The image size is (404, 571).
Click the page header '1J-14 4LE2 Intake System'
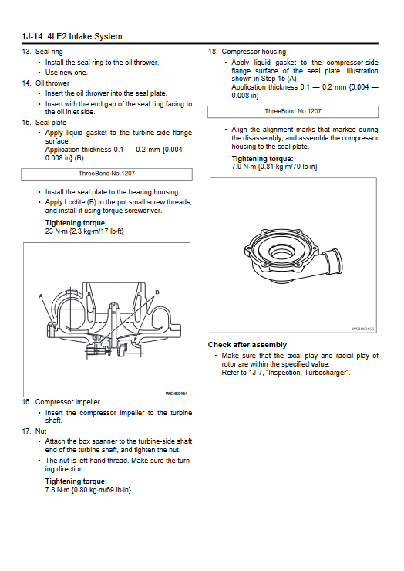click(x=72, y=36)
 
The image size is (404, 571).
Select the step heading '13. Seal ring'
click(x=42, y=52)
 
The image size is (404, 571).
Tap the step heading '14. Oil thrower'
click(x=45, y=83)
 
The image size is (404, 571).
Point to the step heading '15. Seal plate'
click(x=44, y=123)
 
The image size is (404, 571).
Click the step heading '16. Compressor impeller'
click(x=61, y=402)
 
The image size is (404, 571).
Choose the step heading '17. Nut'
click(x=34, y=431)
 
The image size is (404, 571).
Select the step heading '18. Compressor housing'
click(x=247, y=52)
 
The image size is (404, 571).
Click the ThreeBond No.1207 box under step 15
click(x=106, y=174)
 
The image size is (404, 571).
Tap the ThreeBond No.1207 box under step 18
click(x=293, y=112)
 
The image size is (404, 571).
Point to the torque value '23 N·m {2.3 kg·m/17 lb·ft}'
click(x=85, y=231)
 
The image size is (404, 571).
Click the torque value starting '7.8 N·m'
click(x=88, y=490)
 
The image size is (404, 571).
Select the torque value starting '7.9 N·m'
click(x=274, y=167)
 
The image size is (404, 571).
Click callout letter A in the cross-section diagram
click(x=41, y=296)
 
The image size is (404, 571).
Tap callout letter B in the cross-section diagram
click(x=157, y=292)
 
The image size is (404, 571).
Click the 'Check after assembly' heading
click(x=247, y=345)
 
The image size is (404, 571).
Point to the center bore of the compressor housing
click(x=281, y=252)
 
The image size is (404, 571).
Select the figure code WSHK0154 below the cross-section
click(x=177, y=394)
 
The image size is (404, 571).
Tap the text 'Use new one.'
click(x=66, y=73)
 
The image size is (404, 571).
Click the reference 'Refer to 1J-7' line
click(x=286, y=373)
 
